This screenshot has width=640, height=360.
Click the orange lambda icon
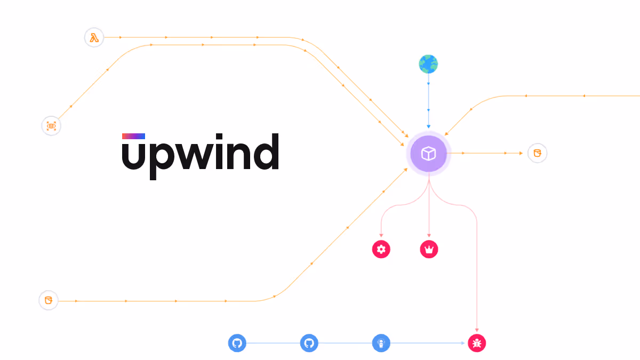click(x=94, y=38)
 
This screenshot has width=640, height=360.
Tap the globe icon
click(x=428, y=65)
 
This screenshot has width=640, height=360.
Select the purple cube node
click(x=428, y=154)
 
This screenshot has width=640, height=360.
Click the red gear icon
click(x=381, y=249)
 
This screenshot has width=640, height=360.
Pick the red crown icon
click(x=429, y=249)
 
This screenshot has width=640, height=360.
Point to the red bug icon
click(x=477, y=343)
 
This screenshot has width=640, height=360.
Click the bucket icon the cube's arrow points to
click(x=537, y=153)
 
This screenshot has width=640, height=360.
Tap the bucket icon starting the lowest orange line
click(x=49, y=300)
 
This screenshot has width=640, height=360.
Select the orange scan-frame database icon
click(x=51, y=126)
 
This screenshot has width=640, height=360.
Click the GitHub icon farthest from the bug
click(x=237, y=343)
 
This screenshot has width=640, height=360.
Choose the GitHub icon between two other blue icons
click(x=309, y=343)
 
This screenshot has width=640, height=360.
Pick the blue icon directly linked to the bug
click(x=381, y=343)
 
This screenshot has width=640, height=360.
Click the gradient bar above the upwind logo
click(x=133, y=136)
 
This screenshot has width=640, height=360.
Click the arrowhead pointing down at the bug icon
click(x=477, y=330)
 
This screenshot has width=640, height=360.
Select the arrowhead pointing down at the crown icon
click(x=429, y=236)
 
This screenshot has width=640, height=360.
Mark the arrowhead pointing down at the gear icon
click(x=381, y=236)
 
